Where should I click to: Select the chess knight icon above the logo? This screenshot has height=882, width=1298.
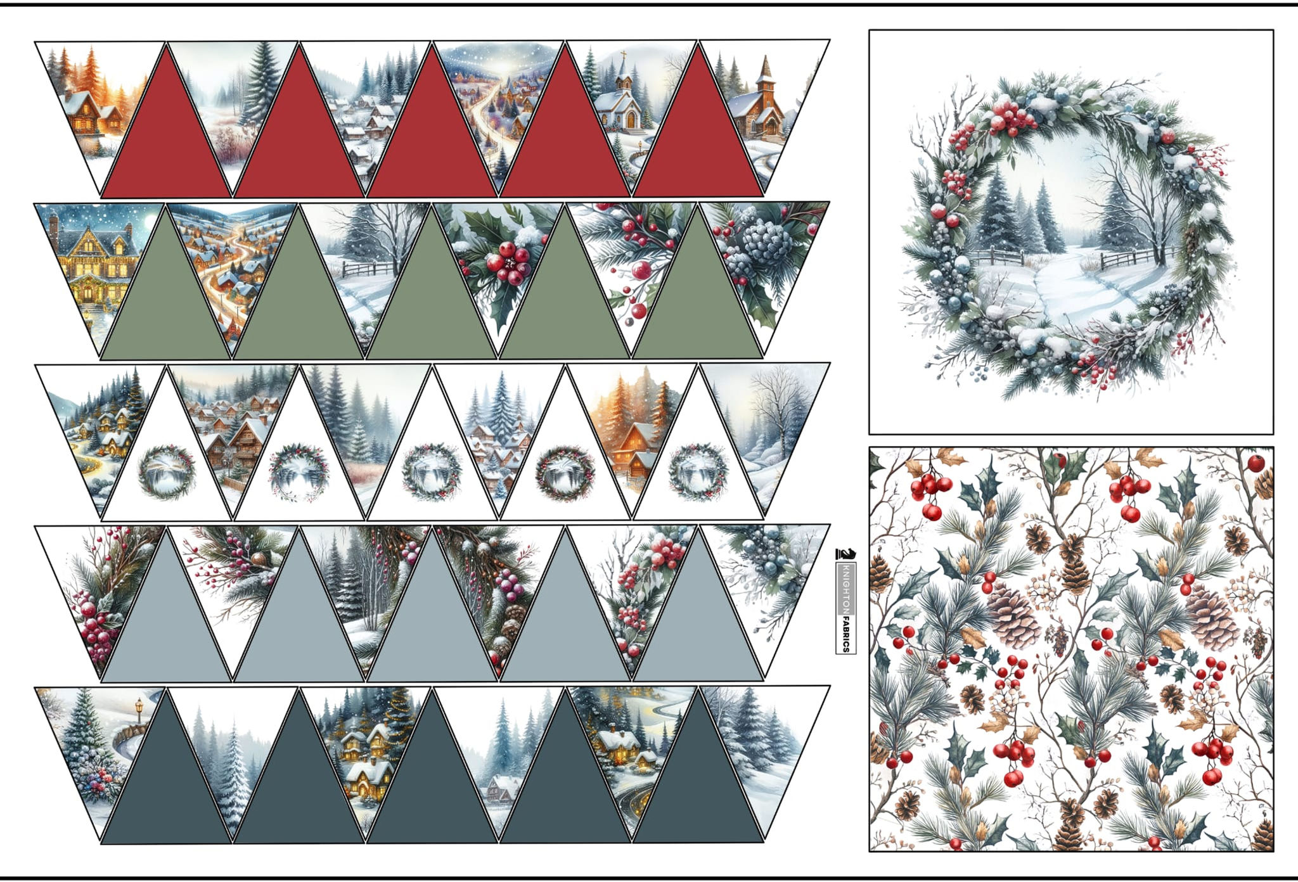pyautogui.click(x=845, y=554)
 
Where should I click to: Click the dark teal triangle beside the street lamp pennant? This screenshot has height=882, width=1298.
pyautogui.click(x=166, y=786)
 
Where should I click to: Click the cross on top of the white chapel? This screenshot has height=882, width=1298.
pyautogui.click(x=624, y=57)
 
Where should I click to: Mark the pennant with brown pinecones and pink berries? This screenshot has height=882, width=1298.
pyautogui.click(x=501, y=583)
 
